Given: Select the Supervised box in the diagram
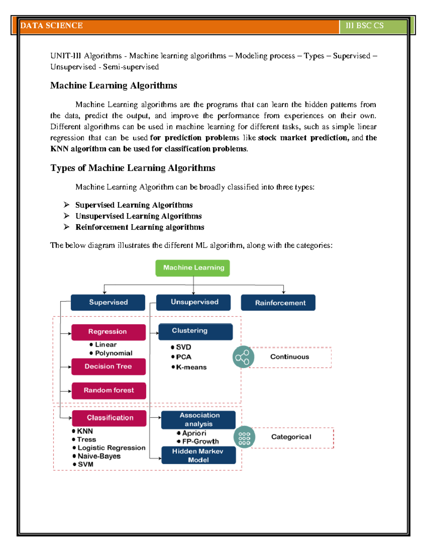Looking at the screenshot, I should coord(108,302).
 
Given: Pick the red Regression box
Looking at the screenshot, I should coord(109,332).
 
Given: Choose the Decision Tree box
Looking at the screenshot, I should coord(109,366).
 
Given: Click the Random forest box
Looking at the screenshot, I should coord(109,390).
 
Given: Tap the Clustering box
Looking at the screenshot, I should coord(195,331).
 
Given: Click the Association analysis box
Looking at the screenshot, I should coord(198,419).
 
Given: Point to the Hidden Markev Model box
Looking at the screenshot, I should coord(198,455).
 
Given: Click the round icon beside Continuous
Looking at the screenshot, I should coord(243,357).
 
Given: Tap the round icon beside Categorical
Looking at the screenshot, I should coord(244,437).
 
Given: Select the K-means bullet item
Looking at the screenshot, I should coord(191,367).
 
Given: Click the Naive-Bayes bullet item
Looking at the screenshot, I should coord(99,456).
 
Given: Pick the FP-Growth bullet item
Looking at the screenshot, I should coord(200,442).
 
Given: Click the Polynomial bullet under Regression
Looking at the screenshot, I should coord(113,353).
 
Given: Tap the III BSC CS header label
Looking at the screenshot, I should coord(364,26).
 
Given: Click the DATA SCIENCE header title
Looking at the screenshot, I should coord(52,26).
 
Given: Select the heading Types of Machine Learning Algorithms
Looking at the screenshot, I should coord(133,168).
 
